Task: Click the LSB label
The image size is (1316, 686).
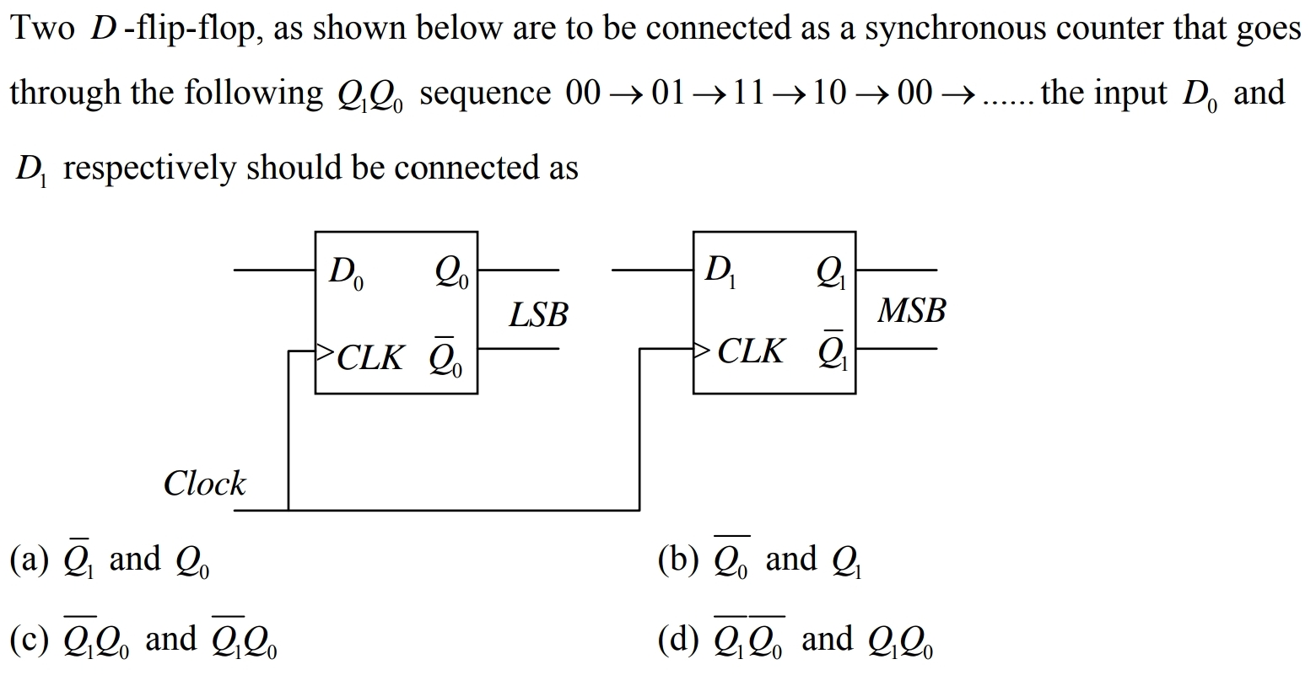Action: coord(538,314)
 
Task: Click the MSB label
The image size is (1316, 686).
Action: coord(911,310)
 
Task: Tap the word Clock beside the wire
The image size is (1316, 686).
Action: coord(204,484)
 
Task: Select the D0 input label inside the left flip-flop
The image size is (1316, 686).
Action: coord(346,272)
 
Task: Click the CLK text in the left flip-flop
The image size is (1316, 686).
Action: coord(370,357)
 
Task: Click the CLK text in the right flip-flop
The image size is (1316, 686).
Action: coord(750,351)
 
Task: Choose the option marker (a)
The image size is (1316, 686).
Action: coord(30,559)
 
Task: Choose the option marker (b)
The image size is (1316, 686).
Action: coord(678,559)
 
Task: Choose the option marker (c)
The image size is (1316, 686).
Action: coord(30,640)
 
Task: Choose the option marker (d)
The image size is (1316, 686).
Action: coord(678,640)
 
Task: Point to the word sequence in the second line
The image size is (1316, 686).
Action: coord(484,93)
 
